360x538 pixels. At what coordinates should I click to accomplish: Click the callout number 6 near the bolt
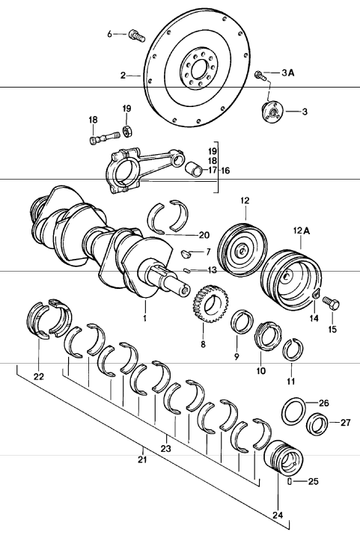tap(109, 34)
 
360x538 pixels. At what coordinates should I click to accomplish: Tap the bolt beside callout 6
tap(135, 34)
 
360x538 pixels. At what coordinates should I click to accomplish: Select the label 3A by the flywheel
tap(288, 73)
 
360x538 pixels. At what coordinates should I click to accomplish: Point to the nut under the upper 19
tap(127, 131)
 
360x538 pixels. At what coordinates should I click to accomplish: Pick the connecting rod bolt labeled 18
tap(103, 138)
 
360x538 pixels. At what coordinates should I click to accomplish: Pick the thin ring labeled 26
tap(293, 411)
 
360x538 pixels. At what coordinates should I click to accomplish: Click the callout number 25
tap(314, 481)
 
